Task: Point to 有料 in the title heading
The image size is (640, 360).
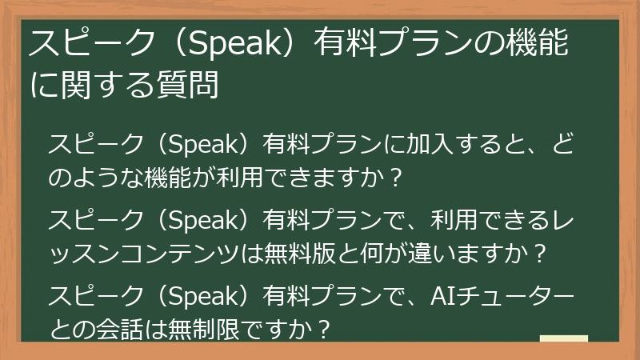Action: (x=343, y=42)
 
